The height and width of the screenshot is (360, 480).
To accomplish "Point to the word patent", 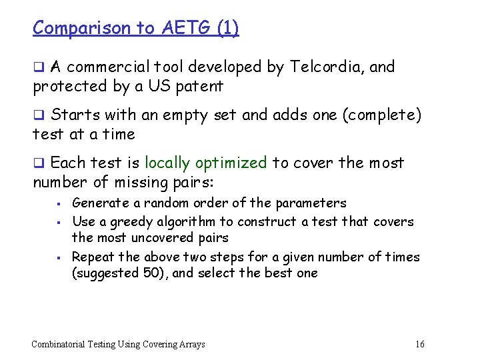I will click(199, 86).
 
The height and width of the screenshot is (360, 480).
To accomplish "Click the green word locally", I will click(169, 163).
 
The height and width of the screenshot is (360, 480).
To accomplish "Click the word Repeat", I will click(91, 257).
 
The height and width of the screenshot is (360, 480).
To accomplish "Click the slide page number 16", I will click(419, 345).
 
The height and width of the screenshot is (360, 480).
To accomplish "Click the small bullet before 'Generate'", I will click(59, 203).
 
